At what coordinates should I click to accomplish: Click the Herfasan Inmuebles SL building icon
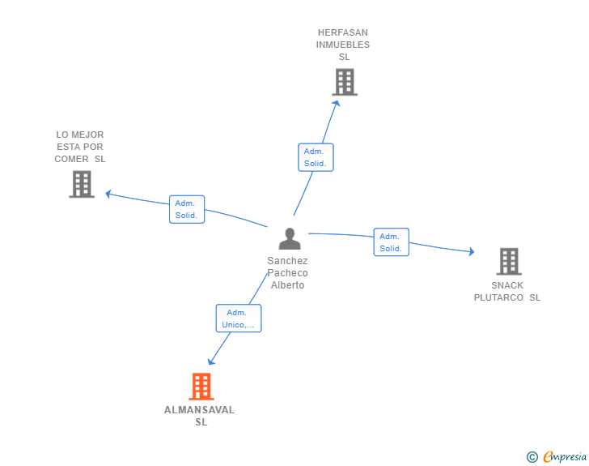tap(345, 82)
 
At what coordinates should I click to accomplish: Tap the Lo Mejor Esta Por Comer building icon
tap(82, 184)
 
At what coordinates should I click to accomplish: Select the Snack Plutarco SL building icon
tap(508, 261)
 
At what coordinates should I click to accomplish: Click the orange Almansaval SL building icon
tap(201, 387)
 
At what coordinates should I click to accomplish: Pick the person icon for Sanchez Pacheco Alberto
tap(289, 238)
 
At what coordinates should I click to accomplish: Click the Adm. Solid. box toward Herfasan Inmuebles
tap(316, 157)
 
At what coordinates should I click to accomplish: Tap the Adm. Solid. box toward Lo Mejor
tap(187, 209)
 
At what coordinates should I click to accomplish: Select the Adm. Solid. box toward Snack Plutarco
tap(391, 242)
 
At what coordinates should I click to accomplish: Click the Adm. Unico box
tap(239, 319)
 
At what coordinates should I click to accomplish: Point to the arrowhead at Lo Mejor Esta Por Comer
tap(108, 194)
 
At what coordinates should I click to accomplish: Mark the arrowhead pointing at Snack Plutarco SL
tap(471, 252)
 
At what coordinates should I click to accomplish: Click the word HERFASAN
tap(343, 32)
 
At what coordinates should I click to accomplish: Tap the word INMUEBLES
tap(343, 45)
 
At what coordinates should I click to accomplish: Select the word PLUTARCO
tap(498, 297)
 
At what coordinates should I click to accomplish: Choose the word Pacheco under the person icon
tap(287, 273)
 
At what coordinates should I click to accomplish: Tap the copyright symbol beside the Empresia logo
tap(532, 457)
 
